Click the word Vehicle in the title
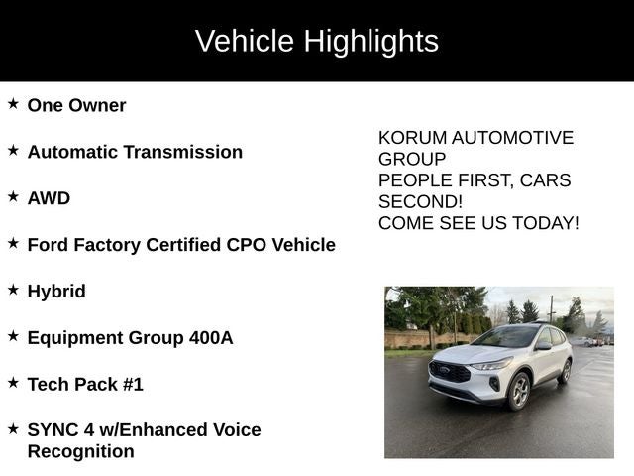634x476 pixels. click(x=245, y=42)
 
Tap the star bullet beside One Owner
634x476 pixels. click(x=13, y=103)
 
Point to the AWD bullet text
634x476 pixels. click(x=49, y=198)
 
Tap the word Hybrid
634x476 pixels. click(x=56, y=292)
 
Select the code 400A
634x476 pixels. click(x=211, y=338)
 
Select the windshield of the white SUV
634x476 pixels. click(x=505, y=337)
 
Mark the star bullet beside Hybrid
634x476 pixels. click(x=13, y=290)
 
